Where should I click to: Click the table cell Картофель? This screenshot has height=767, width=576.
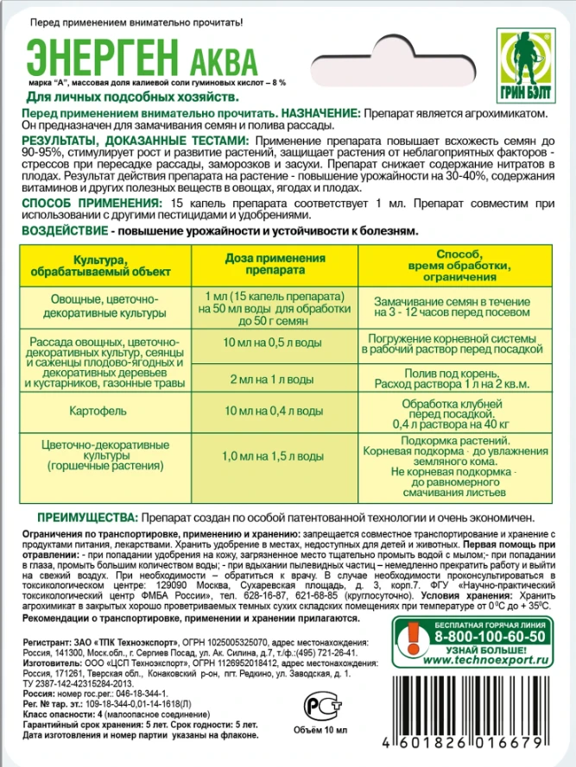(103, 413)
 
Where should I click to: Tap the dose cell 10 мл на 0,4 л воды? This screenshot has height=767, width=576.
(275, 413)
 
